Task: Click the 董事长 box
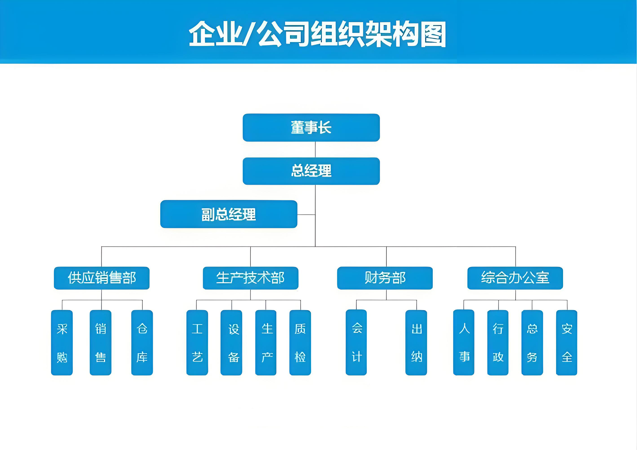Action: [311, 128]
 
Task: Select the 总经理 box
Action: [311, 171]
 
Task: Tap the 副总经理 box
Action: [229, 214]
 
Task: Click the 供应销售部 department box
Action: [102, 278]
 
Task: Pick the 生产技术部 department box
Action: [251, 278]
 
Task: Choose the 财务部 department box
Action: [385, 278]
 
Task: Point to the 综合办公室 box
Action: [515, 278]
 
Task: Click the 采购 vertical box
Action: [62, 342]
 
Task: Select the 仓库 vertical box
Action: [142, 342]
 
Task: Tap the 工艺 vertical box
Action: [197, 342]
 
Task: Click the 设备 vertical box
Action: [231, 342]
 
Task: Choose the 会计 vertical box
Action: [356, 342]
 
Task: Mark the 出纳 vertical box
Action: [416, 342]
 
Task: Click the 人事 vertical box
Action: [464, 342]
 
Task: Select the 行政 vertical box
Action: [498, 342]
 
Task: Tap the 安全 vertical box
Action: [567, 342]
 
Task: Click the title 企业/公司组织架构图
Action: [317, 34]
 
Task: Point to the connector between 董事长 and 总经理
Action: [315, 149]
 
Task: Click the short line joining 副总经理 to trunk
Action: [306, 215]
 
